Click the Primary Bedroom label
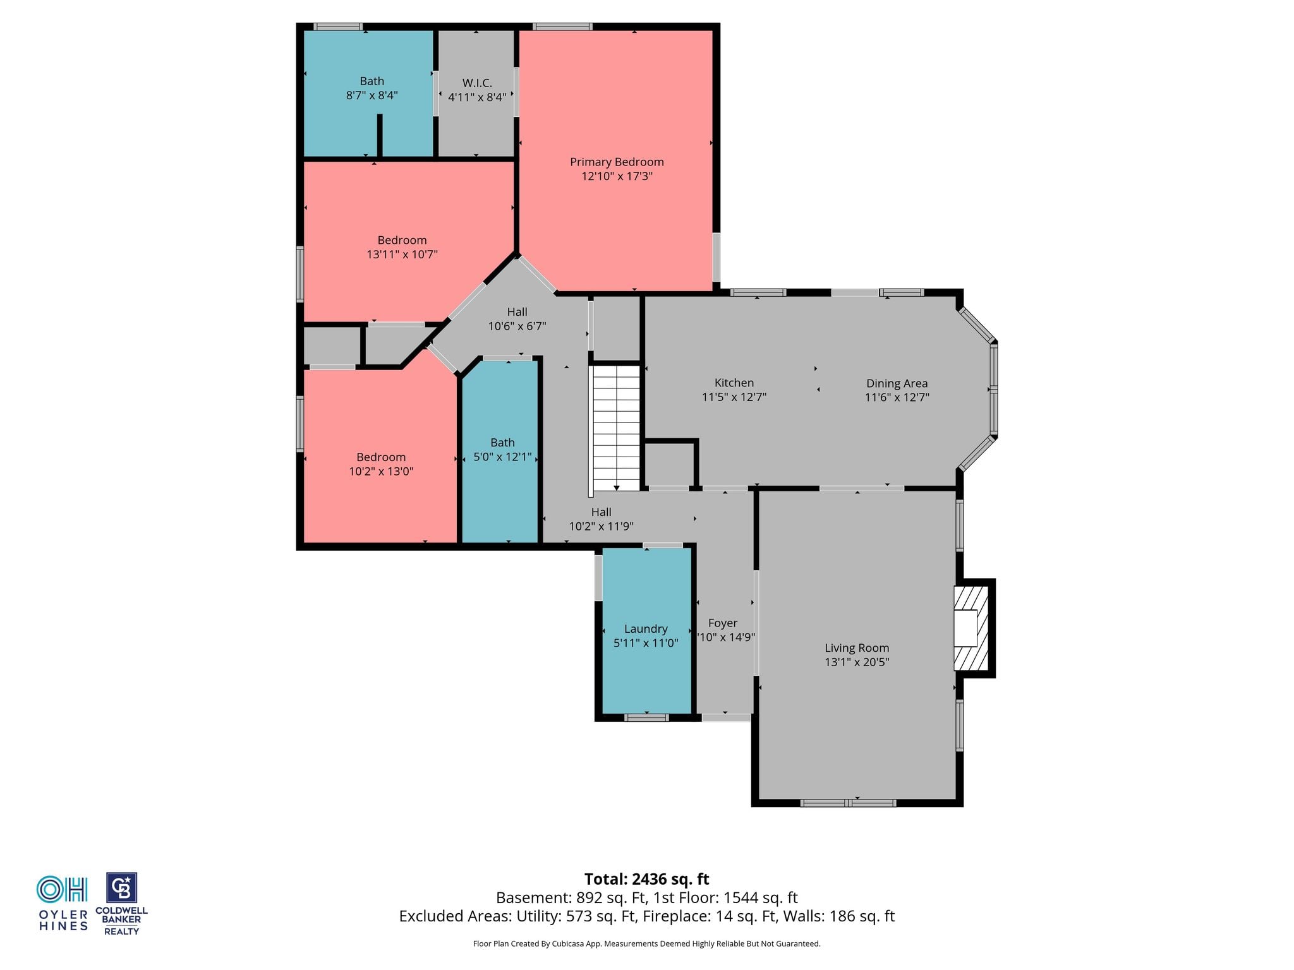pos(617,162)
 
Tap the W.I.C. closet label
pos(477,83)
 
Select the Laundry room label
pos(646,629)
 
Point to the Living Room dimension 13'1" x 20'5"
pos(857,662)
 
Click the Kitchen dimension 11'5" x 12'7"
pos(734,397)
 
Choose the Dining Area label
pos(897,383)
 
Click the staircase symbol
pos(616,428)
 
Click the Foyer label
pos(723,623)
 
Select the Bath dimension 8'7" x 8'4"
pos(372,95)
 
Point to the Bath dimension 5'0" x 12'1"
pos(502,457)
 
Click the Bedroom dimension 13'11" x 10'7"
pos(402,254)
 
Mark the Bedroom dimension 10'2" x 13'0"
pos(381,471)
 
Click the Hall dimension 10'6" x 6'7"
pos(517,326)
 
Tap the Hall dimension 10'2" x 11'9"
pos(601,526)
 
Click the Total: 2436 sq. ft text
pos(646,879)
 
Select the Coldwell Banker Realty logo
pos(121,904)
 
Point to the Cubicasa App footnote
pos(646,944)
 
